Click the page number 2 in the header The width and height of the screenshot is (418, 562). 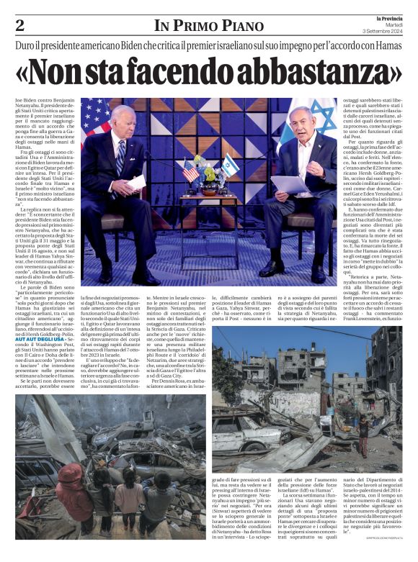pos(19,27)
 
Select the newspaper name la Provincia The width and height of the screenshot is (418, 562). pos(386,18)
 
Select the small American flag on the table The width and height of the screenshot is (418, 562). pos(190,171)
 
